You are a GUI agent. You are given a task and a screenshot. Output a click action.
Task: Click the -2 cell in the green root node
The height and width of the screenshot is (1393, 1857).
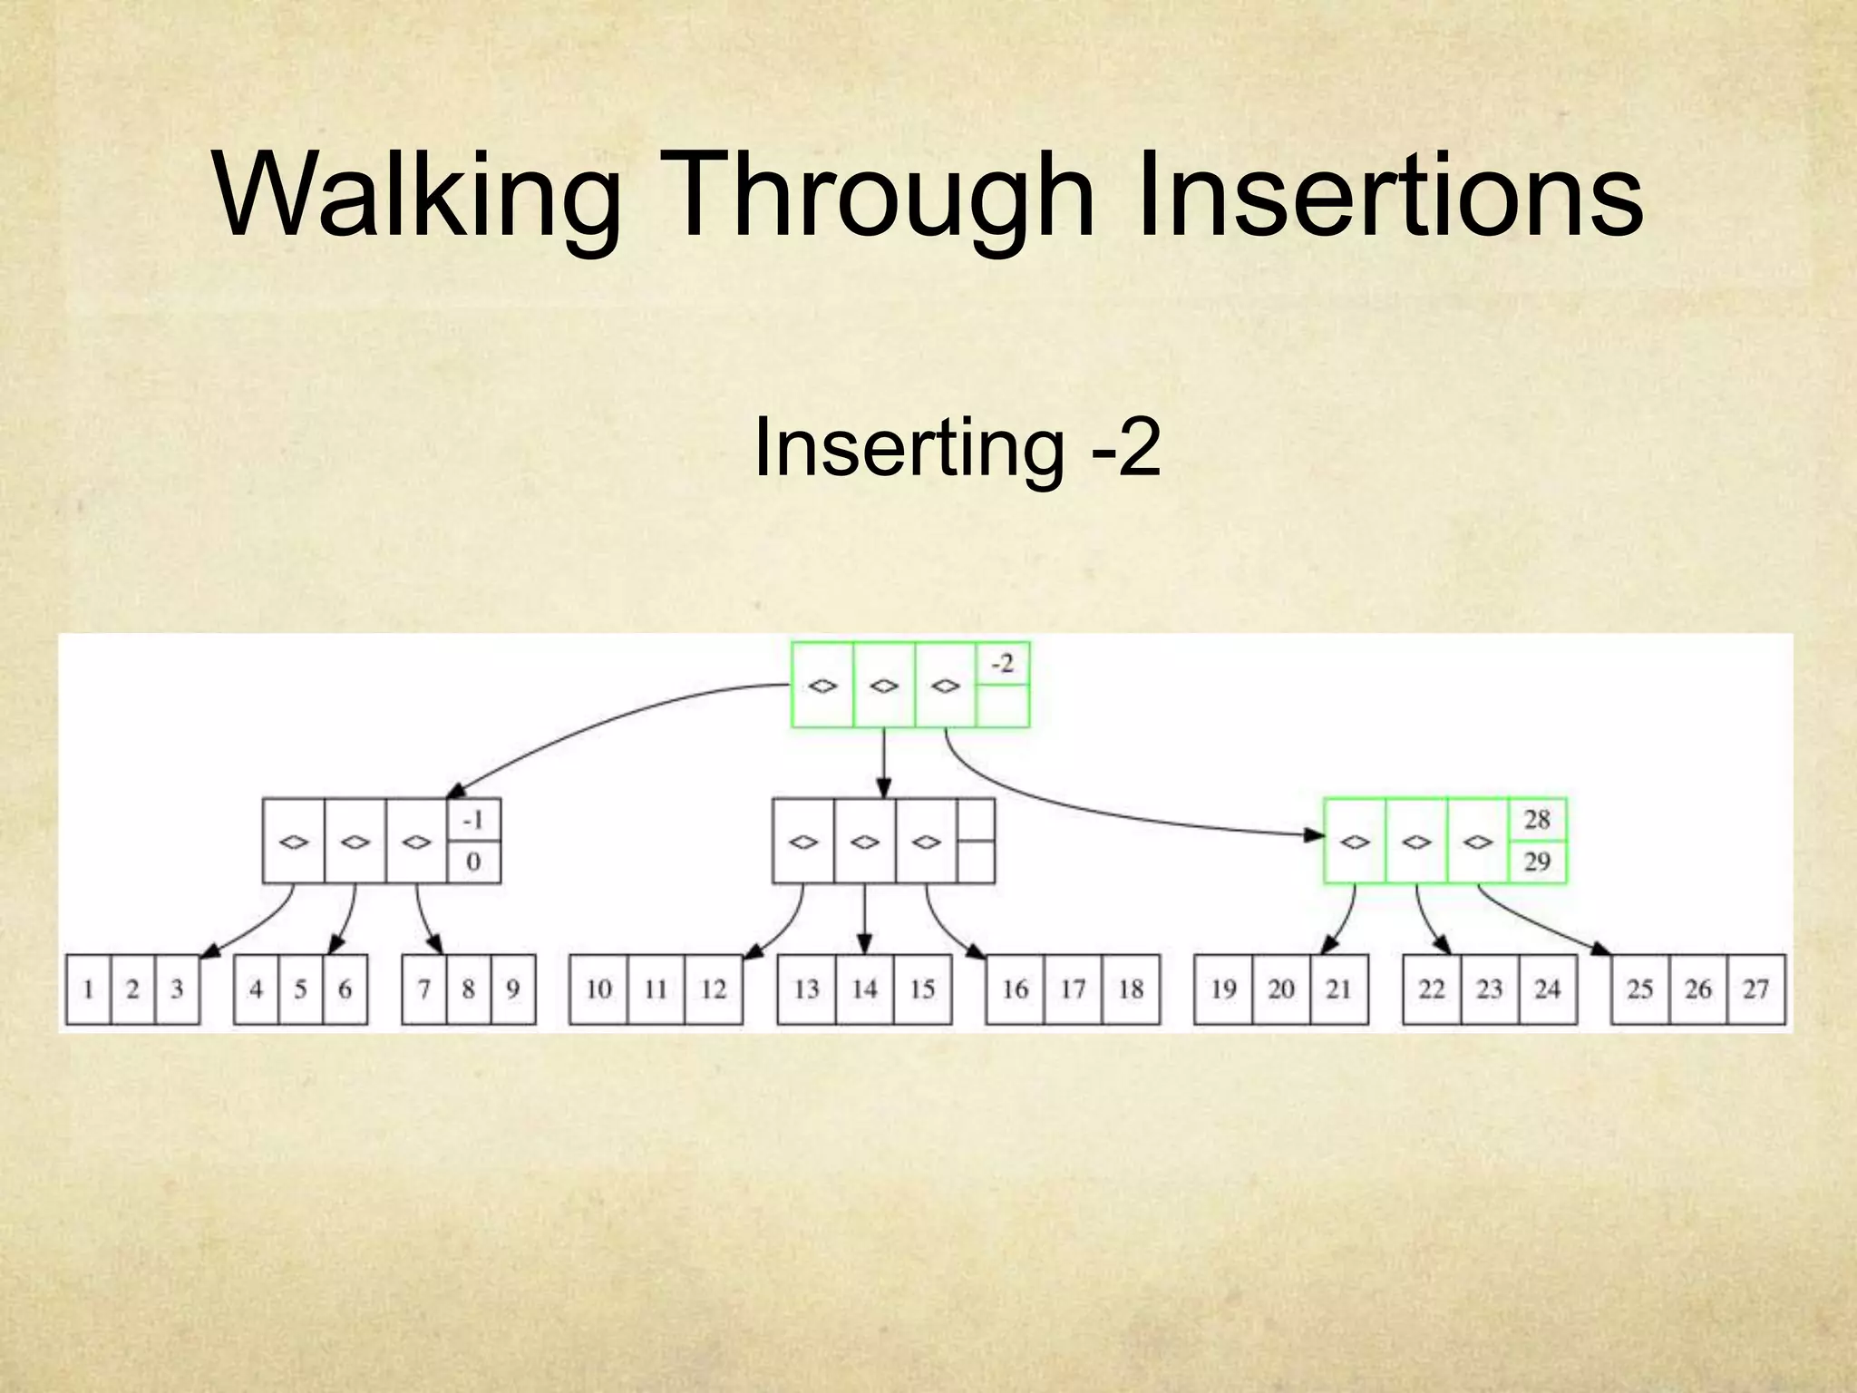[x=1002, y=665]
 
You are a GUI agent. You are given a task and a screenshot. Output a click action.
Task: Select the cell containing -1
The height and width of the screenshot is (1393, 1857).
[x=473, y=820]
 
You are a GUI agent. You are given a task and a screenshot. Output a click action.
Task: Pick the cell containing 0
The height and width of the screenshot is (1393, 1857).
[x=473, y=862]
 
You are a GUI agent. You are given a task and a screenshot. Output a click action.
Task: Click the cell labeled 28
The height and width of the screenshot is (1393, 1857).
[x=1537, y=819]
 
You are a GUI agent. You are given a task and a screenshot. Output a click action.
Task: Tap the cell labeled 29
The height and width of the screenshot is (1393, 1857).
[x=1537, y=861]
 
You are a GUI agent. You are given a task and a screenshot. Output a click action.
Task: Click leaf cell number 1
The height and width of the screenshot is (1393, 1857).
[x=88, y=989]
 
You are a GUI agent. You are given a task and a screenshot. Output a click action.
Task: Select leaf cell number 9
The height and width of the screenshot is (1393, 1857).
[x=512, y=989]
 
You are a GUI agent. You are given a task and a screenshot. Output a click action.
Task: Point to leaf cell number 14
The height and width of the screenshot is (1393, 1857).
[x=864, y=989]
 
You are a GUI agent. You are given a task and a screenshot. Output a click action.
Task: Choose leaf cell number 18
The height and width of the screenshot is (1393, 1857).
[x=1131, y=989]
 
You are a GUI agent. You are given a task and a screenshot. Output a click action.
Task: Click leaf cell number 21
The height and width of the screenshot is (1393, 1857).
[x=1338, y=989]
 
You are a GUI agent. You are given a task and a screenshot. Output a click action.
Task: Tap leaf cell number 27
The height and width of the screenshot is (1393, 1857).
[x=1755, y=989]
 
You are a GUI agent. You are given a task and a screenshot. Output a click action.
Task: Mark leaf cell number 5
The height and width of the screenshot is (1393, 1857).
[x=300, y=989]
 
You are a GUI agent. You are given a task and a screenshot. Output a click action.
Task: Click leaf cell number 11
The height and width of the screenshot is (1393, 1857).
[x=656, y=989]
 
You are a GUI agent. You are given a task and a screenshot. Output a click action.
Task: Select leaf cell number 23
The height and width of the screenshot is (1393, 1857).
[x=1489, y=989]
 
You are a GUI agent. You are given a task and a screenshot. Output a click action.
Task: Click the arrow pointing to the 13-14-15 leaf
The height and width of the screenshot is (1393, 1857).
[x=864, y=921]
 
